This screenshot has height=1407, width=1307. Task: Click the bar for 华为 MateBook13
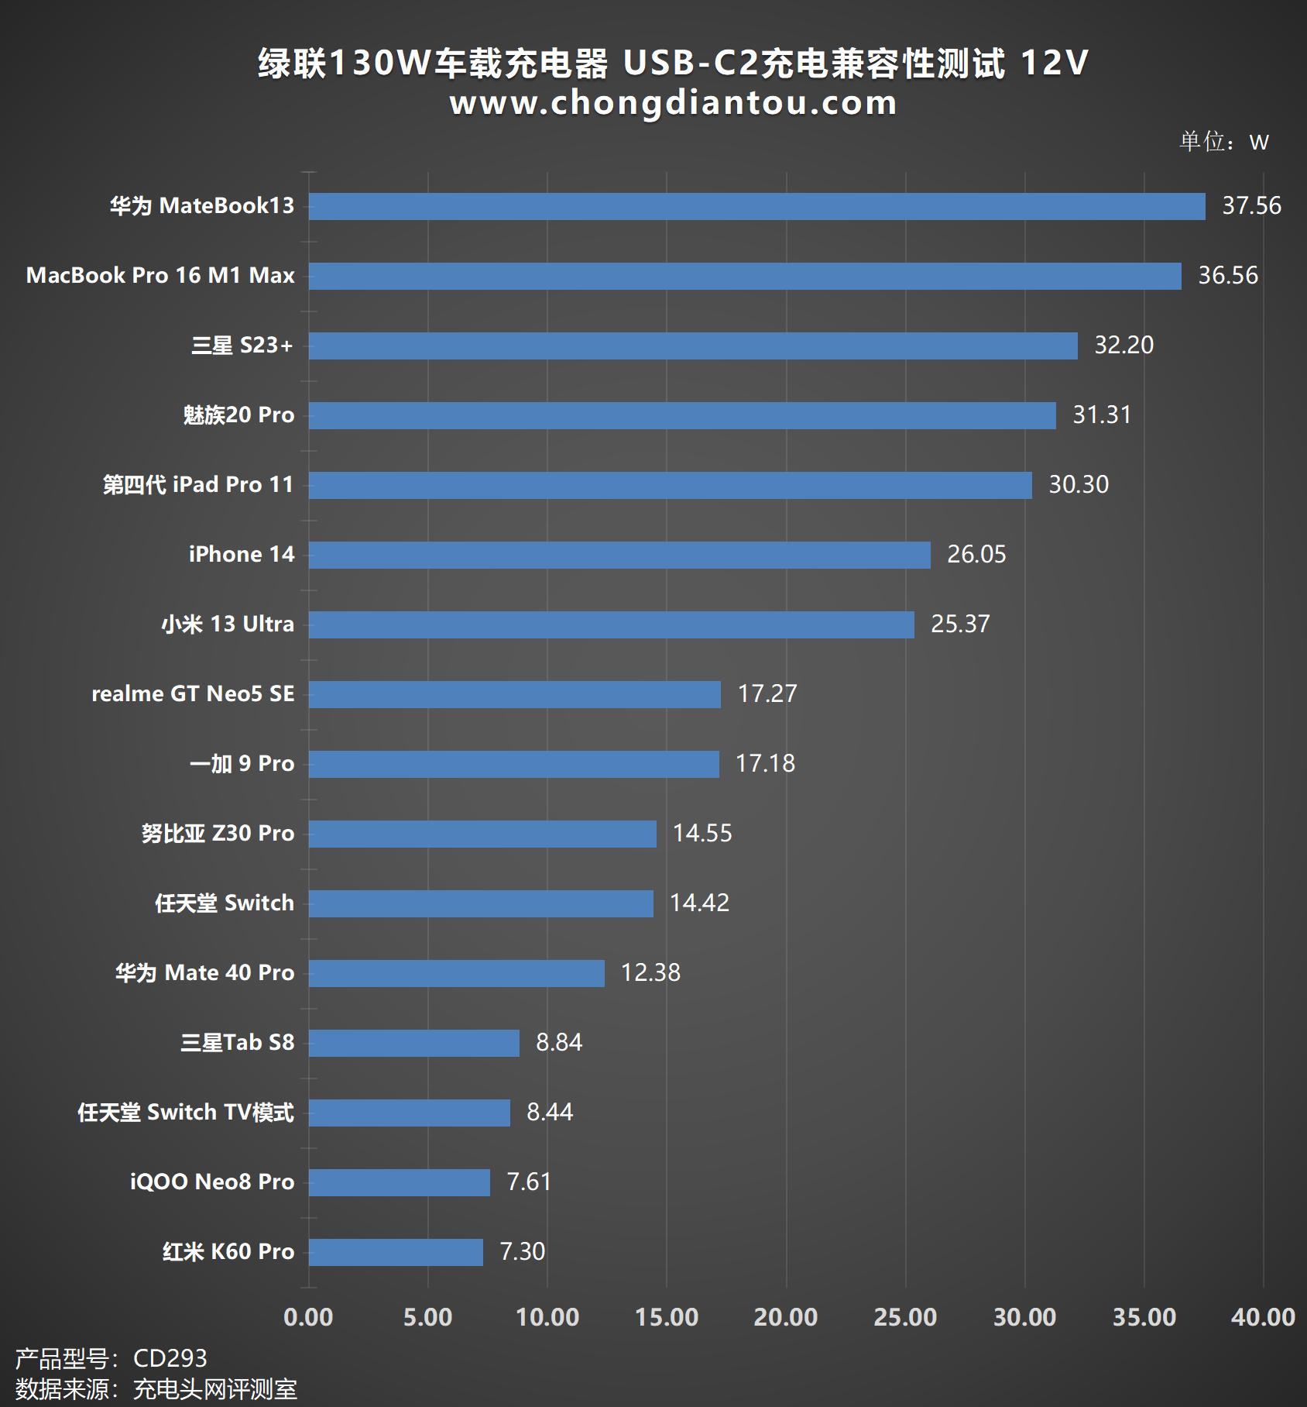pyautogui.click(x=756, y=206)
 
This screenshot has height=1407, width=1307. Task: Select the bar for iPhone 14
pyautogui.click(x=619, y=555)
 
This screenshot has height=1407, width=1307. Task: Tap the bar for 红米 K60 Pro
pyautogui.click(x=396, y=1252)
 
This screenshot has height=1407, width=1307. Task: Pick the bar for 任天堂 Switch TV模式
pyautogui.click(x=409, y=1113)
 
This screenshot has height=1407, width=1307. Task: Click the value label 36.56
pyautogui.click(x=1228, y=276)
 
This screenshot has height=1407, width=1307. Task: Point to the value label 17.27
pyautogui.click(x=767, y=694)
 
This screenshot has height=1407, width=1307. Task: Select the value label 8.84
pyautogui.click(x=558, y=1043)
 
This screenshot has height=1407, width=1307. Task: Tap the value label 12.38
pyautogui.click(x=650, y=973)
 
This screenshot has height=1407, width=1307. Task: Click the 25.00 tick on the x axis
pyautogui.click(x=905, y=1317)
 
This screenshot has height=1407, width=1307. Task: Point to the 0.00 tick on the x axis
pyautogui.click(x=308, y=1317)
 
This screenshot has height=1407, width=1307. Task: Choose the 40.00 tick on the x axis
pyautogui.click(x=1263, y=1317)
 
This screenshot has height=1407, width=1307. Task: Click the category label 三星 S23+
pyautogui.click(x=242, y=346)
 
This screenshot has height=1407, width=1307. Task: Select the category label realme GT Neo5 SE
pyautogui.click(x=193, y=694)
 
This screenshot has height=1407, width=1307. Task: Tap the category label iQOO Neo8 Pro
pyautogui.click(x=211, y=1182)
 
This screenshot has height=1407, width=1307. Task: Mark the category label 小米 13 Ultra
pyautogui.click(x=228, y=624)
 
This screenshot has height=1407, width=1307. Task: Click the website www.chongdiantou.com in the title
pyautogui.click(x=673, y=103)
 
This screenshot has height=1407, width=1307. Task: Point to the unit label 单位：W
pyautogui.click(x=1223, y=142)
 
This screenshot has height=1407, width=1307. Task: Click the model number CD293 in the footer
pyautogui.click(x=170, y=1358)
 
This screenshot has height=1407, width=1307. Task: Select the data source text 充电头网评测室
pyautogui.click(x=214, y=1389)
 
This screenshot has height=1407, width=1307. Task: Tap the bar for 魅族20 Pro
pyautogui.click(x=682, y=415)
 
